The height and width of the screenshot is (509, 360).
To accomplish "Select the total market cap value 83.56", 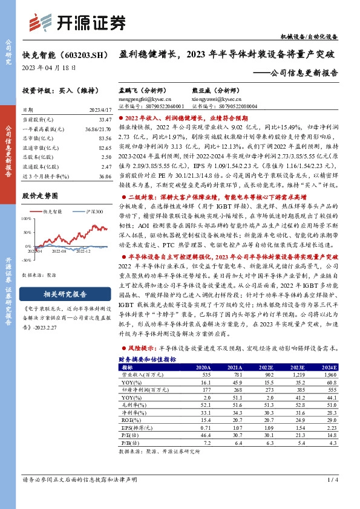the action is point(97,138).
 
